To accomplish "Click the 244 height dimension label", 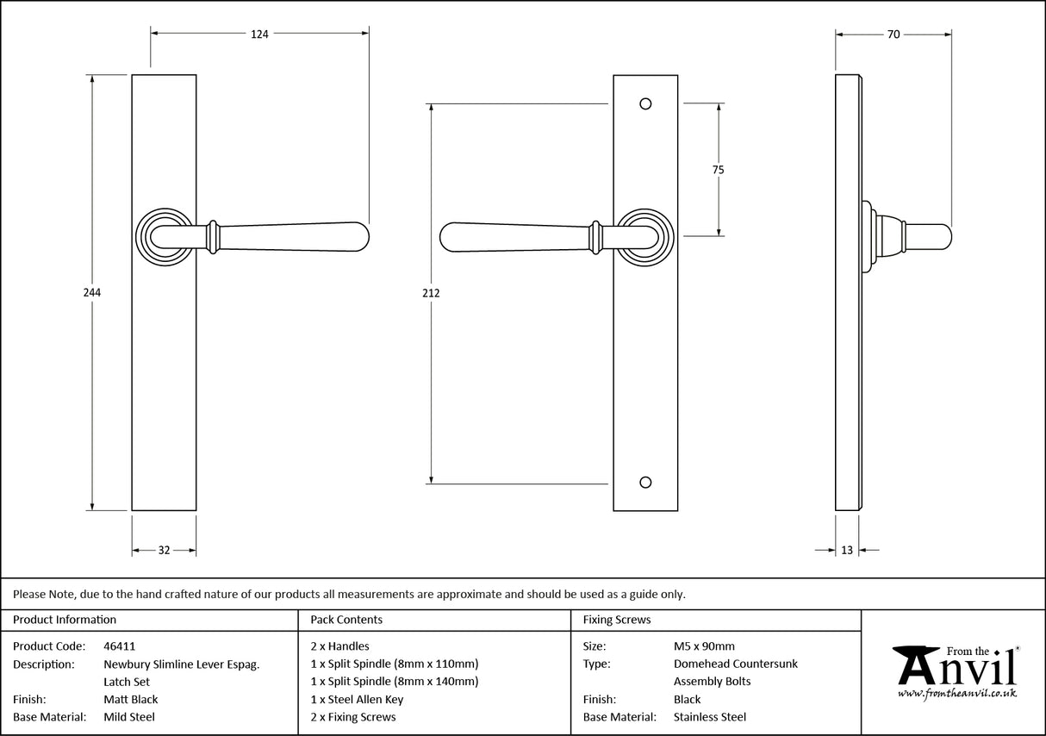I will click(92, 293).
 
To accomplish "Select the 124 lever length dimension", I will click(259, 34).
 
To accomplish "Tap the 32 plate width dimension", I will click(164, 551).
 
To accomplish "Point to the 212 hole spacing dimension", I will click(432, 293).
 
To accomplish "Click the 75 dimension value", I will click(718, 170).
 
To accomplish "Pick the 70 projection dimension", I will click(893, 34).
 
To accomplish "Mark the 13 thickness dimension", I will click(847, 551).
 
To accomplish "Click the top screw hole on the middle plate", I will click(645, 104).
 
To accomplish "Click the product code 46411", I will click(119, 646).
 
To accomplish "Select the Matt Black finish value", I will click(130, 699).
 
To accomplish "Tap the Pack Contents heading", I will click(346, 620).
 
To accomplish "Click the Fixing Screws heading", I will click(617, 620).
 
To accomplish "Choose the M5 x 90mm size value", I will click(704, 646).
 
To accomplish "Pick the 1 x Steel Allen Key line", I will click(357, 699).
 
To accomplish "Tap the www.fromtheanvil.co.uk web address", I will click(956, 693).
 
